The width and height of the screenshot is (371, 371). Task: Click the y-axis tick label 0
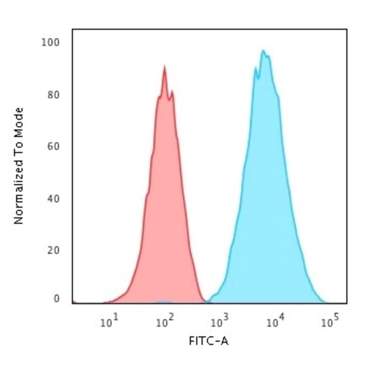click(57, 299)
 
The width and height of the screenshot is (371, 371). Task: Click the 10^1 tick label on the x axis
click(109, 322)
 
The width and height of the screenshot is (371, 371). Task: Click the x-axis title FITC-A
click(208, 341)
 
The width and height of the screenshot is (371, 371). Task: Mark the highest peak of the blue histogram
click(263, 51)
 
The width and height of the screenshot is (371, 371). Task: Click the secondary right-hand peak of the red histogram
click(171, 91)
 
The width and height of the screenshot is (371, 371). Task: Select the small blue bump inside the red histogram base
click(164, 302)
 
